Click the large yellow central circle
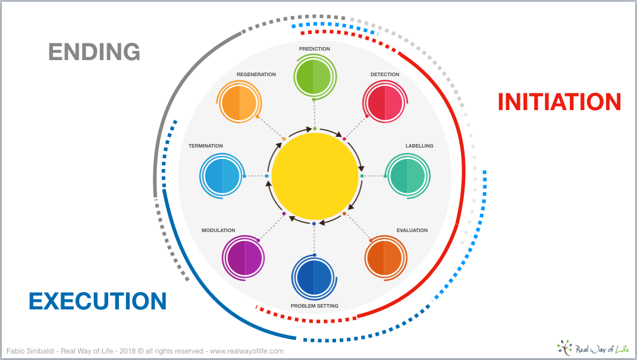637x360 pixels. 315,176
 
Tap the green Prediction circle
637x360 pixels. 313,77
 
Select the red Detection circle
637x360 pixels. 385,102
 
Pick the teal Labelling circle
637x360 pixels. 407,176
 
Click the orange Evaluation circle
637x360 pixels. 384,258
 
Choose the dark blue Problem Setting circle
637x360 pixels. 313,277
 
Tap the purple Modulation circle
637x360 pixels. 244,258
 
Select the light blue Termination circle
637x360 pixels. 222,176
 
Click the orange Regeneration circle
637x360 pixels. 240,102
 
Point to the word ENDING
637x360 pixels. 94,52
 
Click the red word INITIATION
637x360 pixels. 560,102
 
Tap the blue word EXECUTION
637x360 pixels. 98,301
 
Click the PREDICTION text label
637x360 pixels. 315,49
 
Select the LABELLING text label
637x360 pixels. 419,146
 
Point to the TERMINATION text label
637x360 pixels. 206,146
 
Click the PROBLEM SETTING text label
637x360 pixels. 315,306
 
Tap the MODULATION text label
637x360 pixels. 218,230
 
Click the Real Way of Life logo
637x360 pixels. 593,348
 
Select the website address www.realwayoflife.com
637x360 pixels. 247,351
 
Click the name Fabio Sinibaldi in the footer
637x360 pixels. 30,351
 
